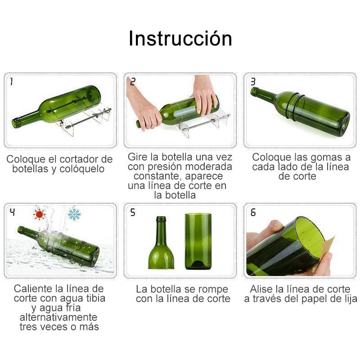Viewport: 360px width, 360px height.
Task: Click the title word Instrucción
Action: [x=180, y=38]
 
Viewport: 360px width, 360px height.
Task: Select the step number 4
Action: [x=13, y=212]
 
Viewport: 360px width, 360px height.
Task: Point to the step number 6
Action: [x=253, y=212]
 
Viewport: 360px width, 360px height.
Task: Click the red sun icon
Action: [x=39, y=215]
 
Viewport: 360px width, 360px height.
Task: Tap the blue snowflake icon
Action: [x=74, y=215]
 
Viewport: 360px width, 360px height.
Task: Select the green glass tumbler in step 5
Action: [x=198, y=241]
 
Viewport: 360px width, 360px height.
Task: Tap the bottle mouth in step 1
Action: [x=16, y=122]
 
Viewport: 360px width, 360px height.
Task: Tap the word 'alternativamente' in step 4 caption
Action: [x=58, y=317]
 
